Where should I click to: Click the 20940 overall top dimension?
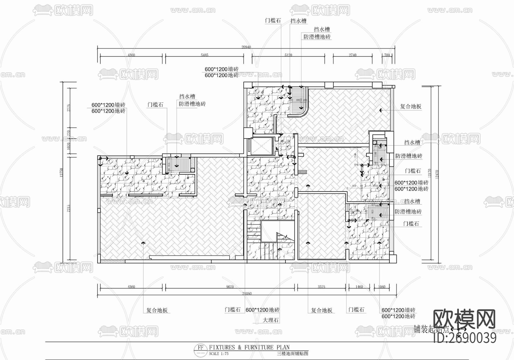246,47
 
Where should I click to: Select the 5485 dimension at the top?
204,55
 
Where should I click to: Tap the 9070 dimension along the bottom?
230,287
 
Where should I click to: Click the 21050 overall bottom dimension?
247,294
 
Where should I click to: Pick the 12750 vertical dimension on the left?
61,173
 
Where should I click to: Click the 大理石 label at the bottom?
270,320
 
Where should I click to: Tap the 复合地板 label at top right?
411,107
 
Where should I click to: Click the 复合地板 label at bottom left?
157,310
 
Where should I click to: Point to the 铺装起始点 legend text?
431,329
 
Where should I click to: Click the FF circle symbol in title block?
201,348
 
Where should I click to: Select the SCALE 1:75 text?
219,354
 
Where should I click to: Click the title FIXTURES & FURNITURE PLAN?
249,347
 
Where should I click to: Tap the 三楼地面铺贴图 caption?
292,354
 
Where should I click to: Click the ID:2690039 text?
465,338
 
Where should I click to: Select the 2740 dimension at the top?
352,55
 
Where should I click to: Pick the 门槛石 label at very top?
273,21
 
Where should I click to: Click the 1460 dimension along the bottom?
359,287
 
